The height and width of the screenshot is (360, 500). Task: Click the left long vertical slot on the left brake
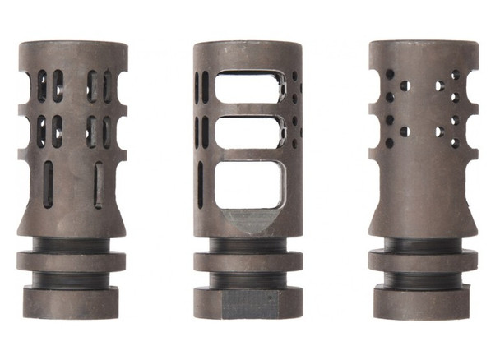tap(48, 183)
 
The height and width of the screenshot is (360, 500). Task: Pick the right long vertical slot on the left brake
tap(99, 184)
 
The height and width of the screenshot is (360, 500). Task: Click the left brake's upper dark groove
tap(71, 244)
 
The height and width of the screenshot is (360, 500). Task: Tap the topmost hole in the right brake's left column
tap(389, 74)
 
